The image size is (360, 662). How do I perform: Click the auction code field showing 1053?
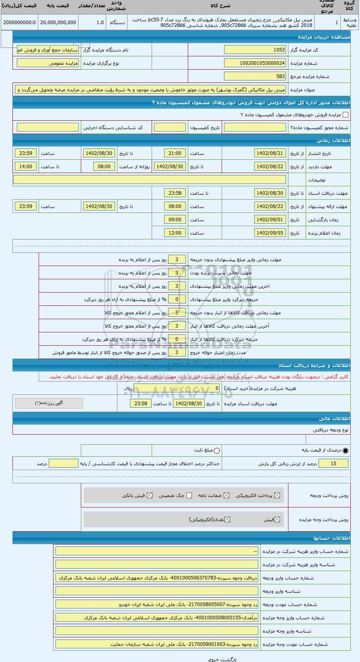[x=255, y=50]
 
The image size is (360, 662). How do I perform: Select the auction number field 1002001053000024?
[x=255, y=63]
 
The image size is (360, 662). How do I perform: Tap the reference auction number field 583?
[x=255, y=76]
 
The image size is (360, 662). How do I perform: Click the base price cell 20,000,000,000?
[x=58, y=23]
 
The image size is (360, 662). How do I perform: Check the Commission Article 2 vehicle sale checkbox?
[x=346, y=115]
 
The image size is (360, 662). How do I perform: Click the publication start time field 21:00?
[x=175, y=153]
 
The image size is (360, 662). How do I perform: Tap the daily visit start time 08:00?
[x=104, y=167]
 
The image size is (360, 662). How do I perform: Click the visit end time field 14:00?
[x=26, y=167]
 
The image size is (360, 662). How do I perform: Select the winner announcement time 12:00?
[x=175, y=233]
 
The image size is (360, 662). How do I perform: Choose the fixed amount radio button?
[x=217, y=451]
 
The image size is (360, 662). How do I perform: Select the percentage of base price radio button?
[x=346, y=451]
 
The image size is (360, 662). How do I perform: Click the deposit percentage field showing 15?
[x=333, y=464]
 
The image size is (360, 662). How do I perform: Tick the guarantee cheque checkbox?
[x=189, y=495]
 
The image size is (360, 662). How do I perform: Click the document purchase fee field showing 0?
[x=177, y=388]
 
